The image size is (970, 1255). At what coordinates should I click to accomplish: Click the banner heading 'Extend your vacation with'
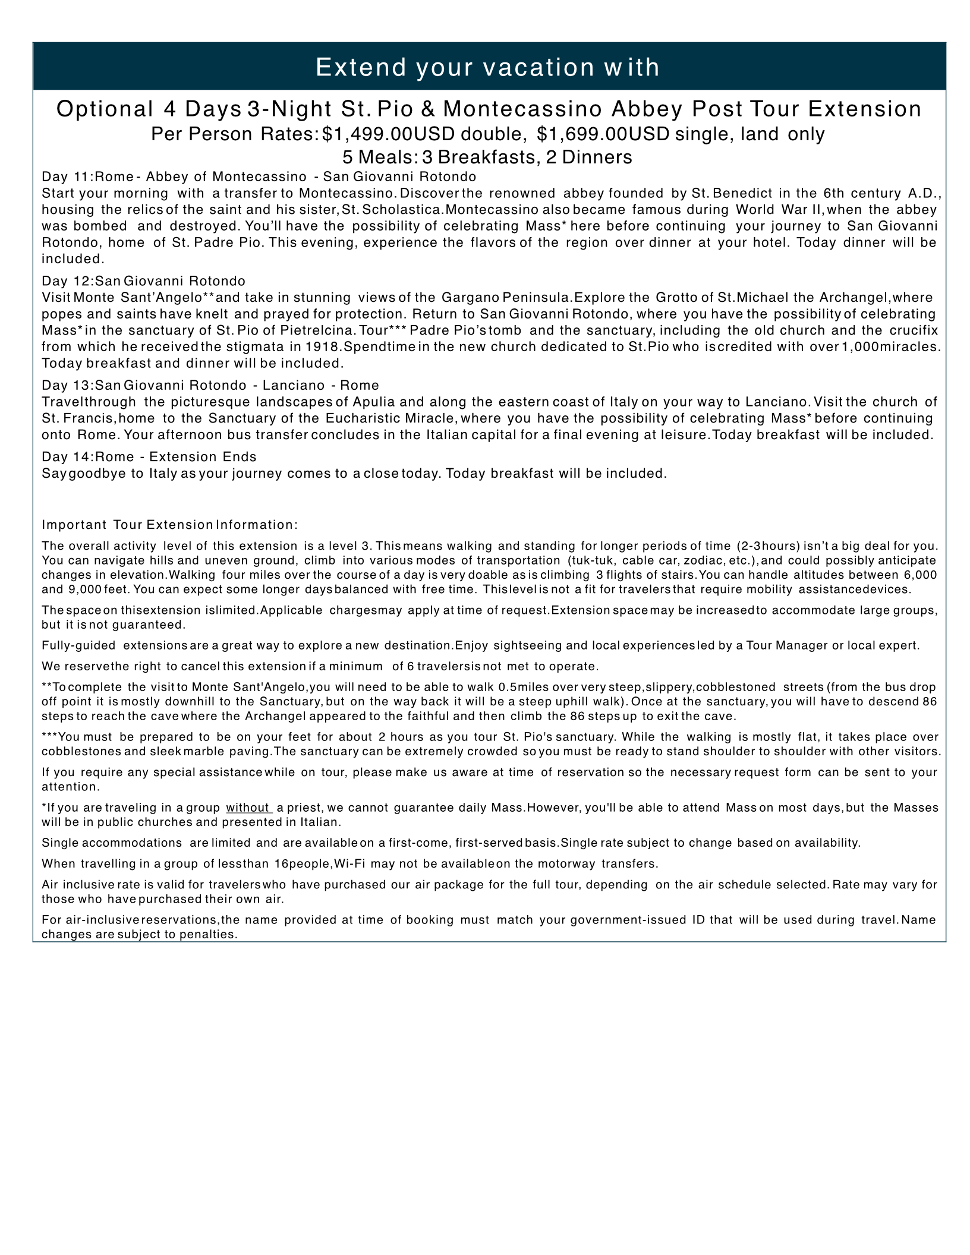(x=487, y=67)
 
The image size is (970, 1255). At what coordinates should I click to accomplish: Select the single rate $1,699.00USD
(x=603, y=134)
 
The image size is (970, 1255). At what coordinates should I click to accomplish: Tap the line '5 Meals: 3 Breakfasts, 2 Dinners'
(x=487, y=157)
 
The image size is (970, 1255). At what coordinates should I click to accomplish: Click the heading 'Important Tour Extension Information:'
(x=169, y=525)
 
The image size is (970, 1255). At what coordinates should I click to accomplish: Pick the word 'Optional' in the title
(x=105, y=109)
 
